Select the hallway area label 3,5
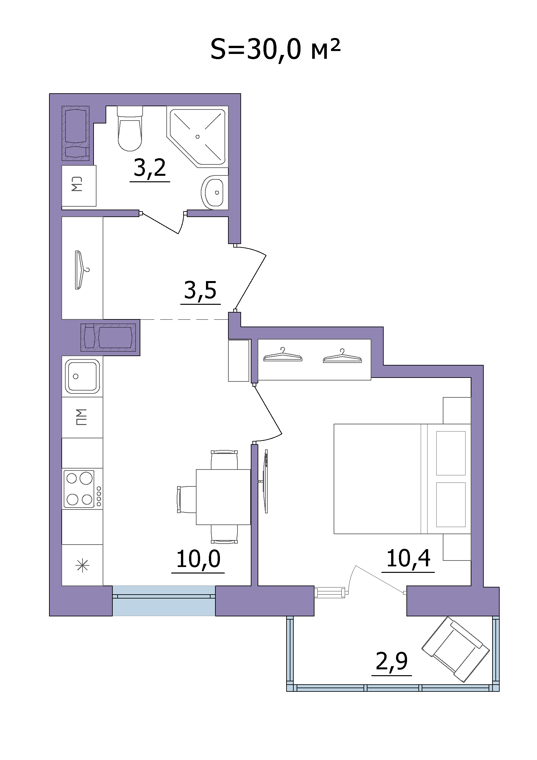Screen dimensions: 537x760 point(200,290)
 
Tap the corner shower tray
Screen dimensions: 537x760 point(198,137)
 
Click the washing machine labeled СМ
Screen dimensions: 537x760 point(79,186)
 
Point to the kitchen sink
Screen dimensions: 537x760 point(83,376)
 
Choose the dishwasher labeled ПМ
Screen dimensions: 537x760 point(82,417)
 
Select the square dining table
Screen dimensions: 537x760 point(223,497)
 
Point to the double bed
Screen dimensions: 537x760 point(402,479)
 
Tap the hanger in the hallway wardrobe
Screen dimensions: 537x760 point(81,270)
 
